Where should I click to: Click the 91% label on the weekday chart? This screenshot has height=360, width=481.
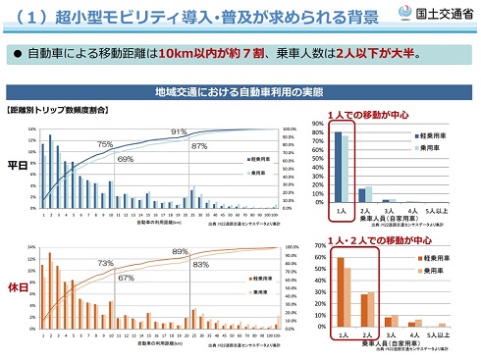coord(179,131)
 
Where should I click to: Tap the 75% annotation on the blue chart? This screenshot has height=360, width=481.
coord(105,144)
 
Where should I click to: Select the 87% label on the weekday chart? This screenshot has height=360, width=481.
coord(198,145)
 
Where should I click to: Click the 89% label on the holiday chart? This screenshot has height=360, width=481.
coord(180,252)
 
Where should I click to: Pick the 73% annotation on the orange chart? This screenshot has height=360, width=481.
coord(105,264)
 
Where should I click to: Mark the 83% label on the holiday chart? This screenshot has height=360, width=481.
coord(200,265)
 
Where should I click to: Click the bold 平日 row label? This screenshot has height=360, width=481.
coord(18,165)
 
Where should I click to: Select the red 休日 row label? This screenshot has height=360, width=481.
coord(18,288)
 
